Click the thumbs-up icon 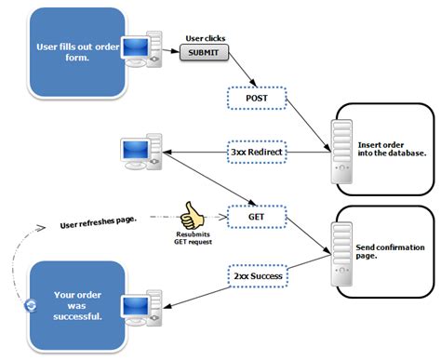click(194, 215)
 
